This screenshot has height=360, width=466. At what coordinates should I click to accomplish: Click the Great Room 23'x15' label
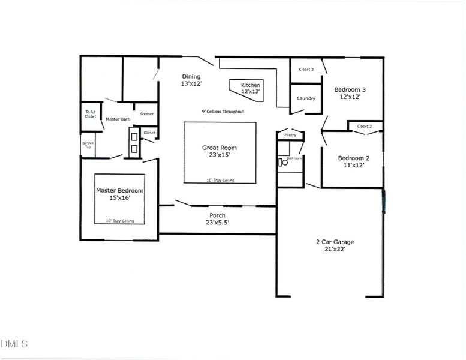click(x=219, y=151)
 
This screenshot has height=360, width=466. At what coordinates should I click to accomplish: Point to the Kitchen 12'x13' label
click(x=250, y=88)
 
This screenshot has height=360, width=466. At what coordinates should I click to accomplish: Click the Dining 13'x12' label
click(x=191, y=80)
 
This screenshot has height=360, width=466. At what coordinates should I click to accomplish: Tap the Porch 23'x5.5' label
click(x=217, y=219)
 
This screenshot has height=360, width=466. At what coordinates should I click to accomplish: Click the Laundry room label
click(x=306, y=98)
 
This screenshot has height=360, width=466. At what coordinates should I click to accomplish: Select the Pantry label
click(x=290, y=135)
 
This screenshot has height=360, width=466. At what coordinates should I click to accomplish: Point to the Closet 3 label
click(x=306, y=70)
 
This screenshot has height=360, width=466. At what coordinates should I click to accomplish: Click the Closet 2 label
click(x=365, y=127)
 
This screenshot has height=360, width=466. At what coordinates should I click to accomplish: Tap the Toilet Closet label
click(x=91, y=114)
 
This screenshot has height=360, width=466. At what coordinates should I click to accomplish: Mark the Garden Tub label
click(x=88, y=145)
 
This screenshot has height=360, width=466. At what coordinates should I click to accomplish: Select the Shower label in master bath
click(x=146, y=114)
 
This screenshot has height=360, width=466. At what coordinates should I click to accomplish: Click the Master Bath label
click(x=118, y=119)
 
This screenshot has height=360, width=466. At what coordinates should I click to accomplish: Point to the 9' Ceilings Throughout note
click(x=223, y=112)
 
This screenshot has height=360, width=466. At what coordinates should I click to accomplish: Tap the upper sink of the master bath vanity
click(x=133, y=137)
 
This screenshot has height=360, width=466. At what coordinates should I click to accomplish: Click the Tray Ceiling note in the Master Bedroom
click(x=119, y=221)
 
